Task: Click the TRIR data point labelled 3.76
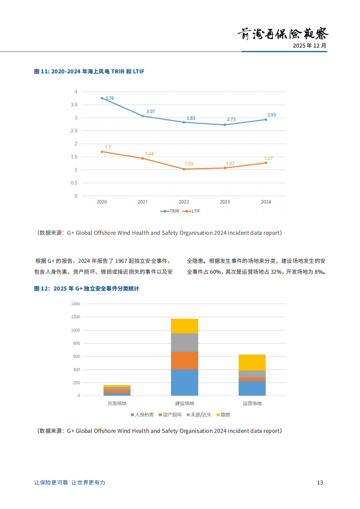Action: click(102, 98)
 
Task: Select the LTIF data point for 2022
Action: click(184, 169)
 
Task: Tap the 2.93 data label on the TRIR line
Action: click(272, 115)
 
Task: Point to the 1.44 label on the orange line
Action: click(149, 154)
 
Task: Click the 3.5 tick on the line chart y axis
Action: click(74, 105)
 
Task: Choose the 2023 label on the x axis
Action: click(224, 202)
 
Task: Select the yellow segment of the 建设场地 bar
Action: click(185, 326)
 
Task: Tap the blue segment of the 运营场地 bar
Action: click(252, 388)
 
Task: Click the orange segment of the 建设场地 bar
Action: click(185, 360)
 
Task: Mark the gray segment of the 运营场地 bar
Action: click(252, 374)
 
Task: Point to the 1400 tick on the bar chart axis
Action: click(75, 304)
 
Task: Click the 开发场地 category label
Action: click(117, 403)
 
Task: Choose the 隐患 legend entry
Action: click(223, 415)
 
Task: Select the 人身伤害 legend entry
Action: click(142, 415)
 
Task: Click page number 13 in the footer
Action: click(320, 483)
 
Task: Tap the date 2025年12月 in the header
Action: click(309, 46)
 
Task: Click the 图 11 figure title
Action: click(89, 72)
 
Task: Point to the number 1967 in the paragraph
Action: click(122, 261)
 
